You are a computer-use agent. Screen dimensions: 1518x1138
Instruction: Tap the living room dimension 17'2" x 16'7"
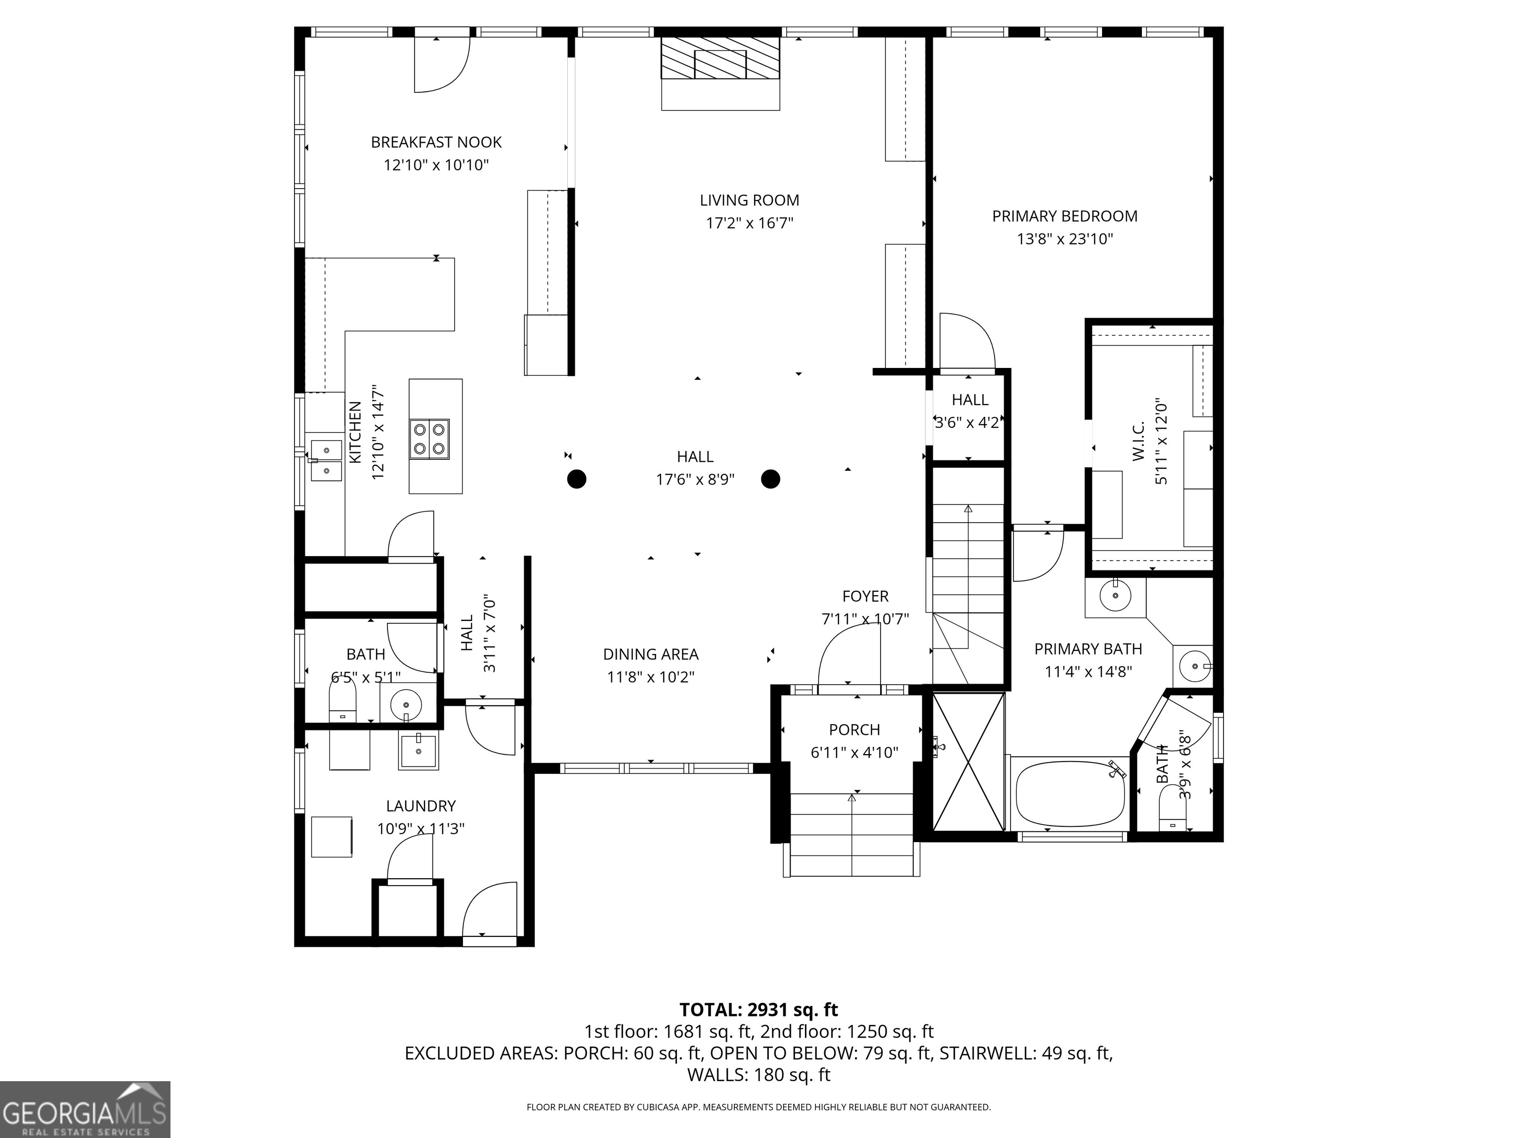[x=750, y=223]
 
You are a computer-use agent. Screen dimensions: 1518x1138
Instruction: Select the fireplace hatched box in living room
[x=720, y=58]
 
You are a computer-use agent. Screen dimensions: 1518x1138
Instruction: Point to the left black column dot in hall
[x=577, y=479]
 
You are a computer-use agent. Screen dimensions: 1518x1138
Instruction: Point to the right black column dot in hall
[x=771, y=479]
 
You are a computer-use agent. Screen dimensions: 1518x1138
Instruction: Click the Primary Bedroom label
[x=1064, y=216]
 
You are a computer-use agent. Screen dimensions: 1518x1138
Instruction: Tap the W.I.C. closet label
[x=1138, y=441]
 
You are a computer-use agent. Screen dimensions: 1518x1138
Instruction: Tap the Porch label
[x=854, y=730]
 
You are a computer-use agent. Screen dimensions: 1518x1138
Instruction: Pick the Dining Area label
[x=651, y=654]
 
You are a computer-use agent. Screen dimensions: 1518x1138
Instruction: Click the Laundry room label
[x=421, y=806]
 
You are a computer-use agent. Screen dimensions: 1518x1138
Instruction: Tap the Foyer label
[x=865, y=596]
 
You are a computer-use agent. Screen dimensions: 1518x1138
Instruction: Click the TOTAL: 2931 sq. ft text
[x=759, y=1010]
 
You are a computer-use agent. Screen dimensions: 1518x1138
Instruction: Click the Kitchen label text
[x=355, y=432]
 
